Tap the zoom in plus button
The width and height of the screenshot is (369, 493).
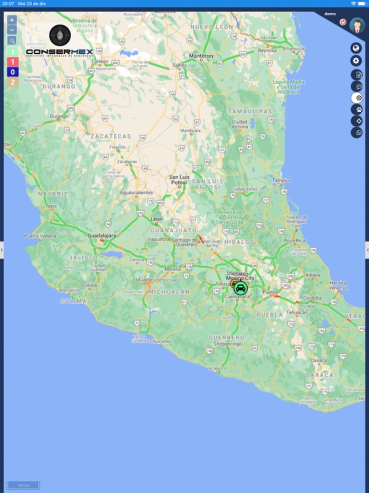pyautogui.click(x=12, y=20)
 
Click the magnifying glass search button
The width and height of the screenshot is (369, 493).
pyautogui.click(x=12, y=41)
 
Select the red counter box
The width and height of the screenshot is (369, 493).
pyautogui.click(x=12, y=62)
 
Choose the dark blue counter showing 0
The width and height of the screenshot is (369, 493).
pyautogui.click(x=12, y=72)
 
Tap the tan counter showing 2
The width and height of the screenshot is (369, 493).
pyautogui.click(x=12, y=82)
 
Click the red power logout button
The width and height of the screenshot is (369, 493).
pyautogui.click(x=343, y=23)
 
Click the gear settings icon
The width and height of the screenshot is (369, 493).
pyautogui.click(x=357, y=61)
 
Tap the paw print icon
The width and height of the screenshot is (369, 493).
pyautogui.click(x=357, y=109)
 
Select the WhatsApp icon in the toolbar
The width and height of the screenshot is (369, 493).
pyautogui.click(x=357, y=132)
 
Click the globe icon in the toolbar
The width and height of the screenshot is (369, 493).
pyautogui.click(x=357, y=48)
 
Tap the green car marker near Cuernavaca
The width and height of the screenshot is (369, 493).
pyautogui.click(x=240, y=288)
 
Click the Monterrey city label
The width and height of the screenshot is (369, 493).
pyautogui.click(x=201, y=56)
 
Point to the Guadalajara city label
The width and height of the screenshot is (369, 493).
pyautogui.click(x=101, y=235)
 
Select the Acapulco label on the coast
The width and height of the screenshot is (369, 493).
pyautogui.click(x=217, y=368)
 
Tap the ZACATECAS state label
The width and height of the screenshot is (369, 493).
pyautogui.click(x=110, y=136)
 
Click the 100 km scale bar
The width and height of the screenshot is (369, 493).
pyautogui.click(x=23, y=485)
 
